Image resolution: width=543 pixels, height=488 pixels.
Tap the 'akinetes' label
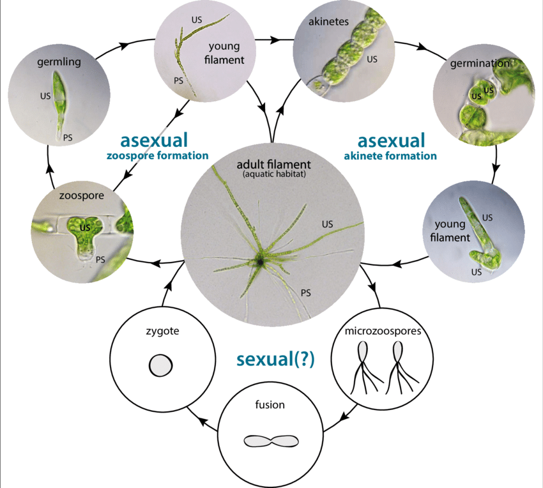coord(329,21)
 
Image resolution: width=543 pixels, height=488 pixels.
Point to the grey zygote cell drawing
coord(160,366)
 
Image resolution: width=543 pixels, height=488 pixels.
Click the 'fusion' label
coord(270,404)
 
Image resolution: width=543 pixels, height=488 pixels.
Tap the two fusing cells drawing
coord(271,440)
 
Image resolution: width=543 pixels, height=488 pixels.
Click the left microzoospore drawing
coord(363,367)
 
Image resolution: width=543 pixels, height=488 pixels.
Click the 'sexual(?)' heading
coord(275,359)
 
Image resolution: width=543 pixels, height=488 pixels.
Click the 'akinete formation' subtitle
coord(390,155)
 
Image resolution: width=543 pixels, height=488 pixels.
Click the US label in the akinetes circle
coord(372,59)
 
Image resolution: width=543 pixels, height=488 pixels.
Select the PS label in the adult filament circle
coord(306,293)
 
